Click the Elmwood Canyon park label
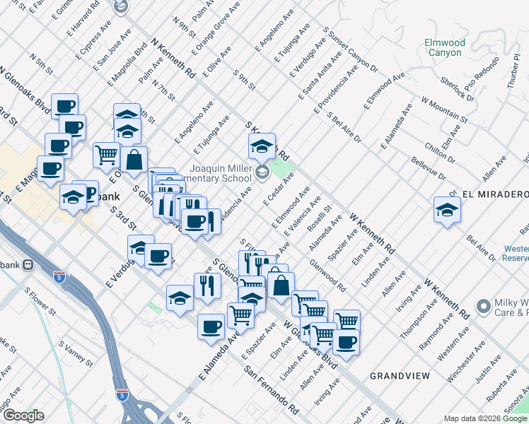click(x=444, y=48)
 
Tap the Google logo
click(x=23, y=416)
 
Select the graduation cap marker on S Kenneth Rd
click(x=261, y=146)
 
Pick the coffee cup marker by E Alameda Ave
click(x=211, y=326)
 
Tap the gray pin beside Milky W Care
click(x=484, y=306)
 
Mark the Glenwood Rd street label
click(x=327, y=276)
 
